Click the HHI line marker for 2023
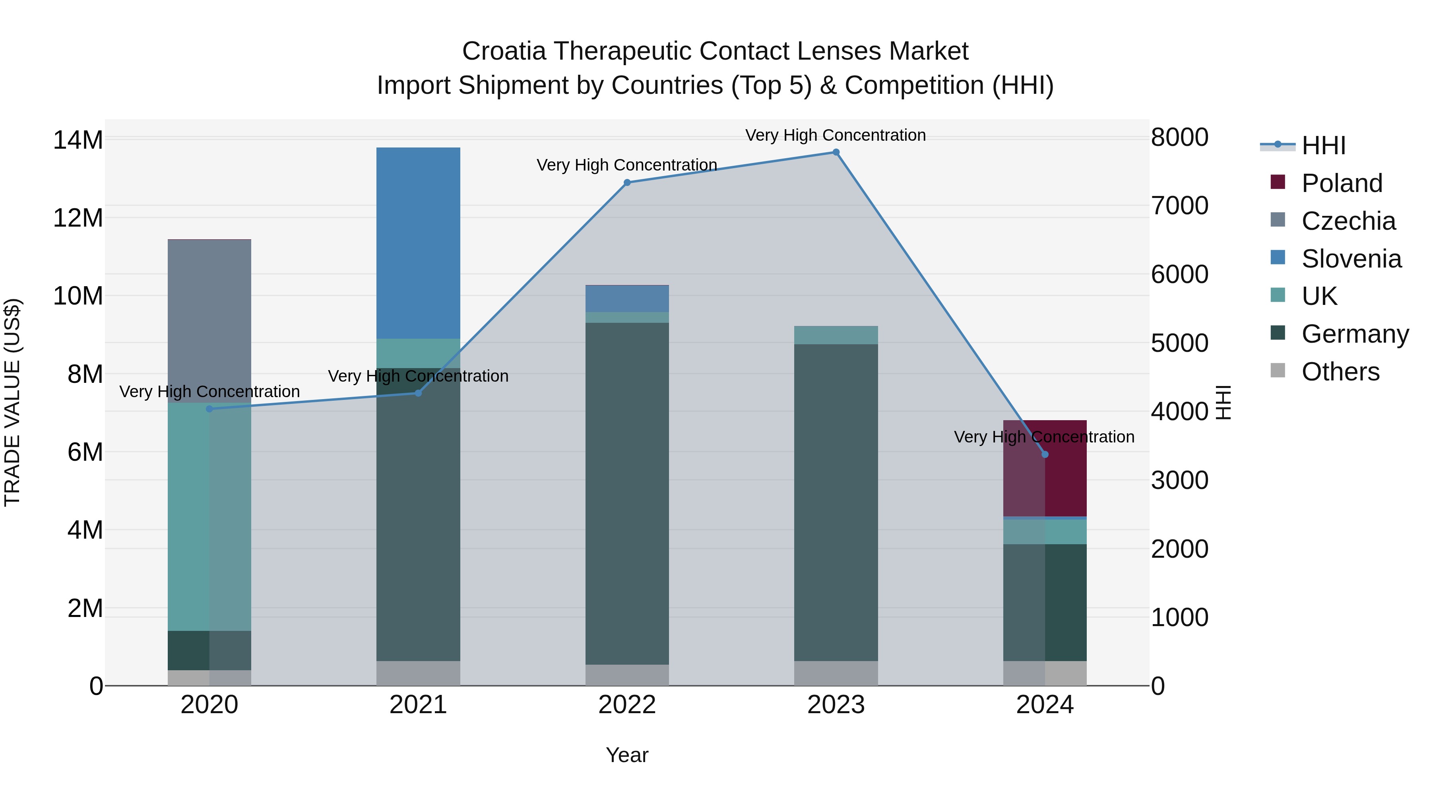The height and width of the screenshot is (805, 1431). click(x=836, y=152)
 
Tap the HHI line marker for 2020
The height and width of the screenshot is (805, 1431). click(x=209, y=409)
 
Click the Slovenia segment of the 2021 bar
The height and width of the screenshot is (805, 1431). click(x=418, y=243)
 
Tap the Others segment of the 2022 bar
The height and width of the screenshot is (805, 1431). click(x=627, y=675)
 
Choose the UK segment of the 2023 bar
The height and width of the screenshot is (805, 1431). click(x=836, y=335)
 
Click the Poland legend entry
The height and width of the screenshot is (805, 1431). click(x=1342, y=183)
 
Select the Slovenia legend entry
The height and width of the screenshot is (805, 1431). click(x=1351, y=259)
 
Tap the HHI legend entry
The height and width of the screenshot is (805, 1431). click(x=1323, y=145)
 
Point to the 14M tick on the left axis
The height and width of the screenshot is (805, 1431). click(x=78, y=140)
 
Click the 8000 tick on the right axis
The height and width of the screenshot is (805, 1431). click(x=1179, y=137)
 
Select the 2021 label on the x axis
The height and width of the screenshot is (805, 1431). click(x=418, y=705)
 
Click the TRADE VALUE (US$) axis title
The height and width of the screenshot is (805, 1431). click(x=12, y=402)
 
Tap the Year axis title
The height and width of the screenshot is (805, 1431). click(x=626, y=755)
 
